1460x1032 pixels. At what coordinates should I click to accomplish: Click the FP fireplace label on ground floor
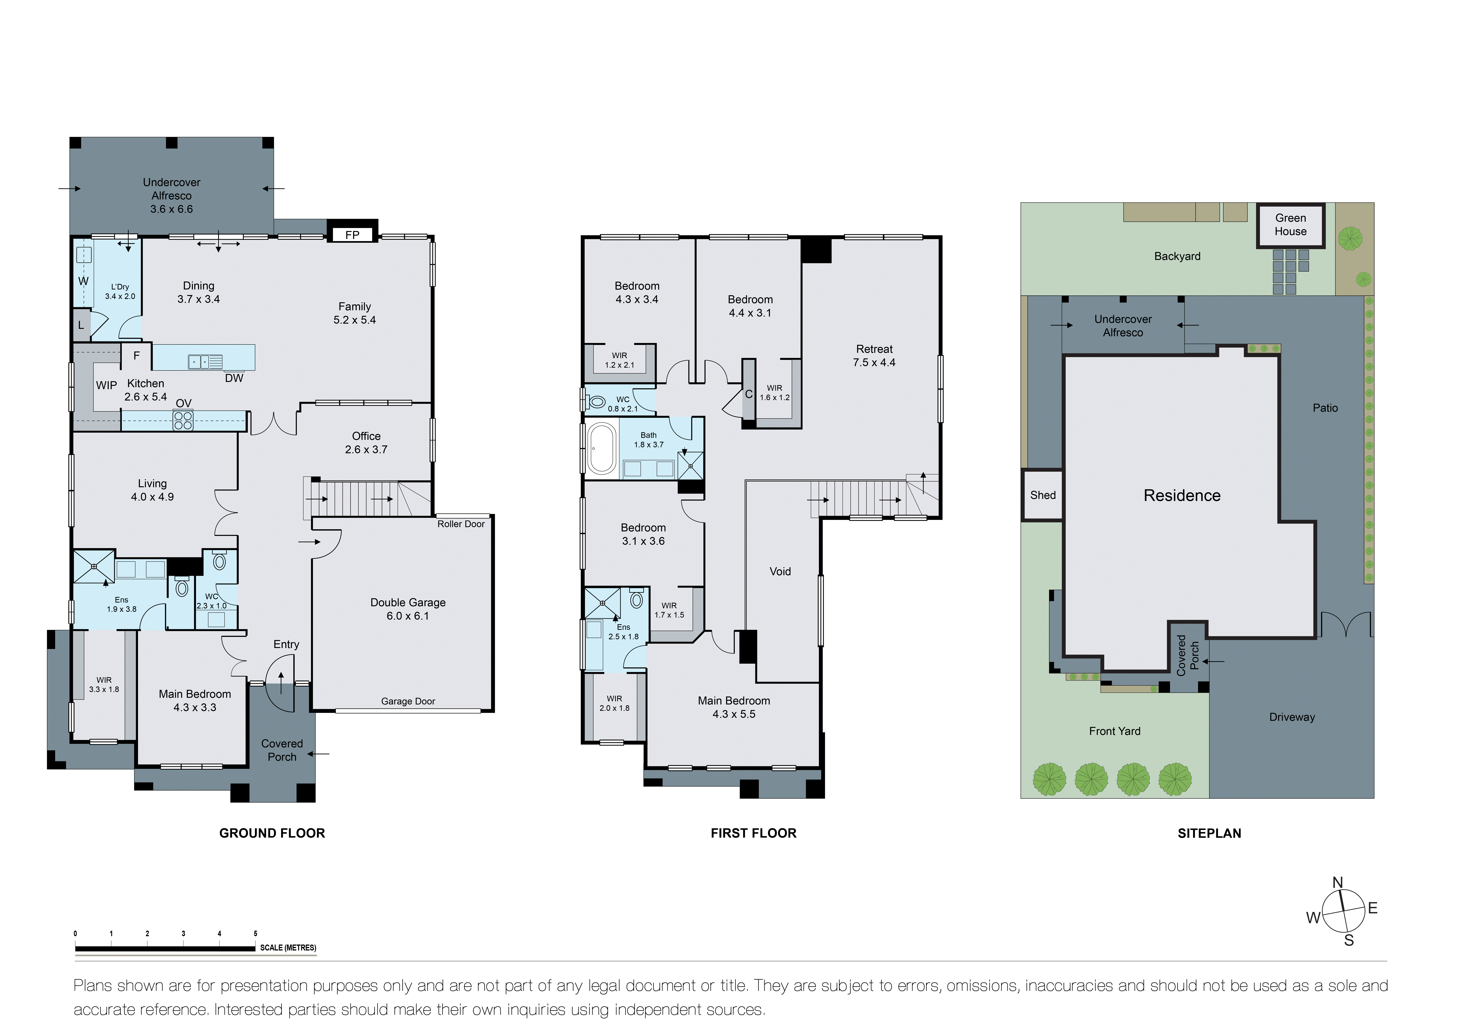(352, 235)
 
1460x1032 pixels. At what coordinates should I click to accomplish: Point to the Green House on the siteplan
(1290, 225)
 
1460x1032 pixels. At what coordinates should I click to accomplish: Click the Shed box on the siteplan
(1042, 495)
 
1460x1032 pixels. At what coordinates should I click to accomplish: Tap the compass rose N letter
(1337, 883)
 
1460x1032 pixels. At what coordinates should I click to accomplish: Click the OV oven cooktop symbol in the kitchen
(183, 421)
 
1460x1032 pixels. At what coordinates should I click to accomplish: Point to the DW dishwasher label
(234, 378)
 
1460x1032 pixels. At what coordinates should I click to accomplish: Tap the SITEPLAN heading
(1209, 833)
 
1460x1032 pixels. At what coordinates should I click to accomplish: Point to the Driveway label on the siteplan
(1292, 717)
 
